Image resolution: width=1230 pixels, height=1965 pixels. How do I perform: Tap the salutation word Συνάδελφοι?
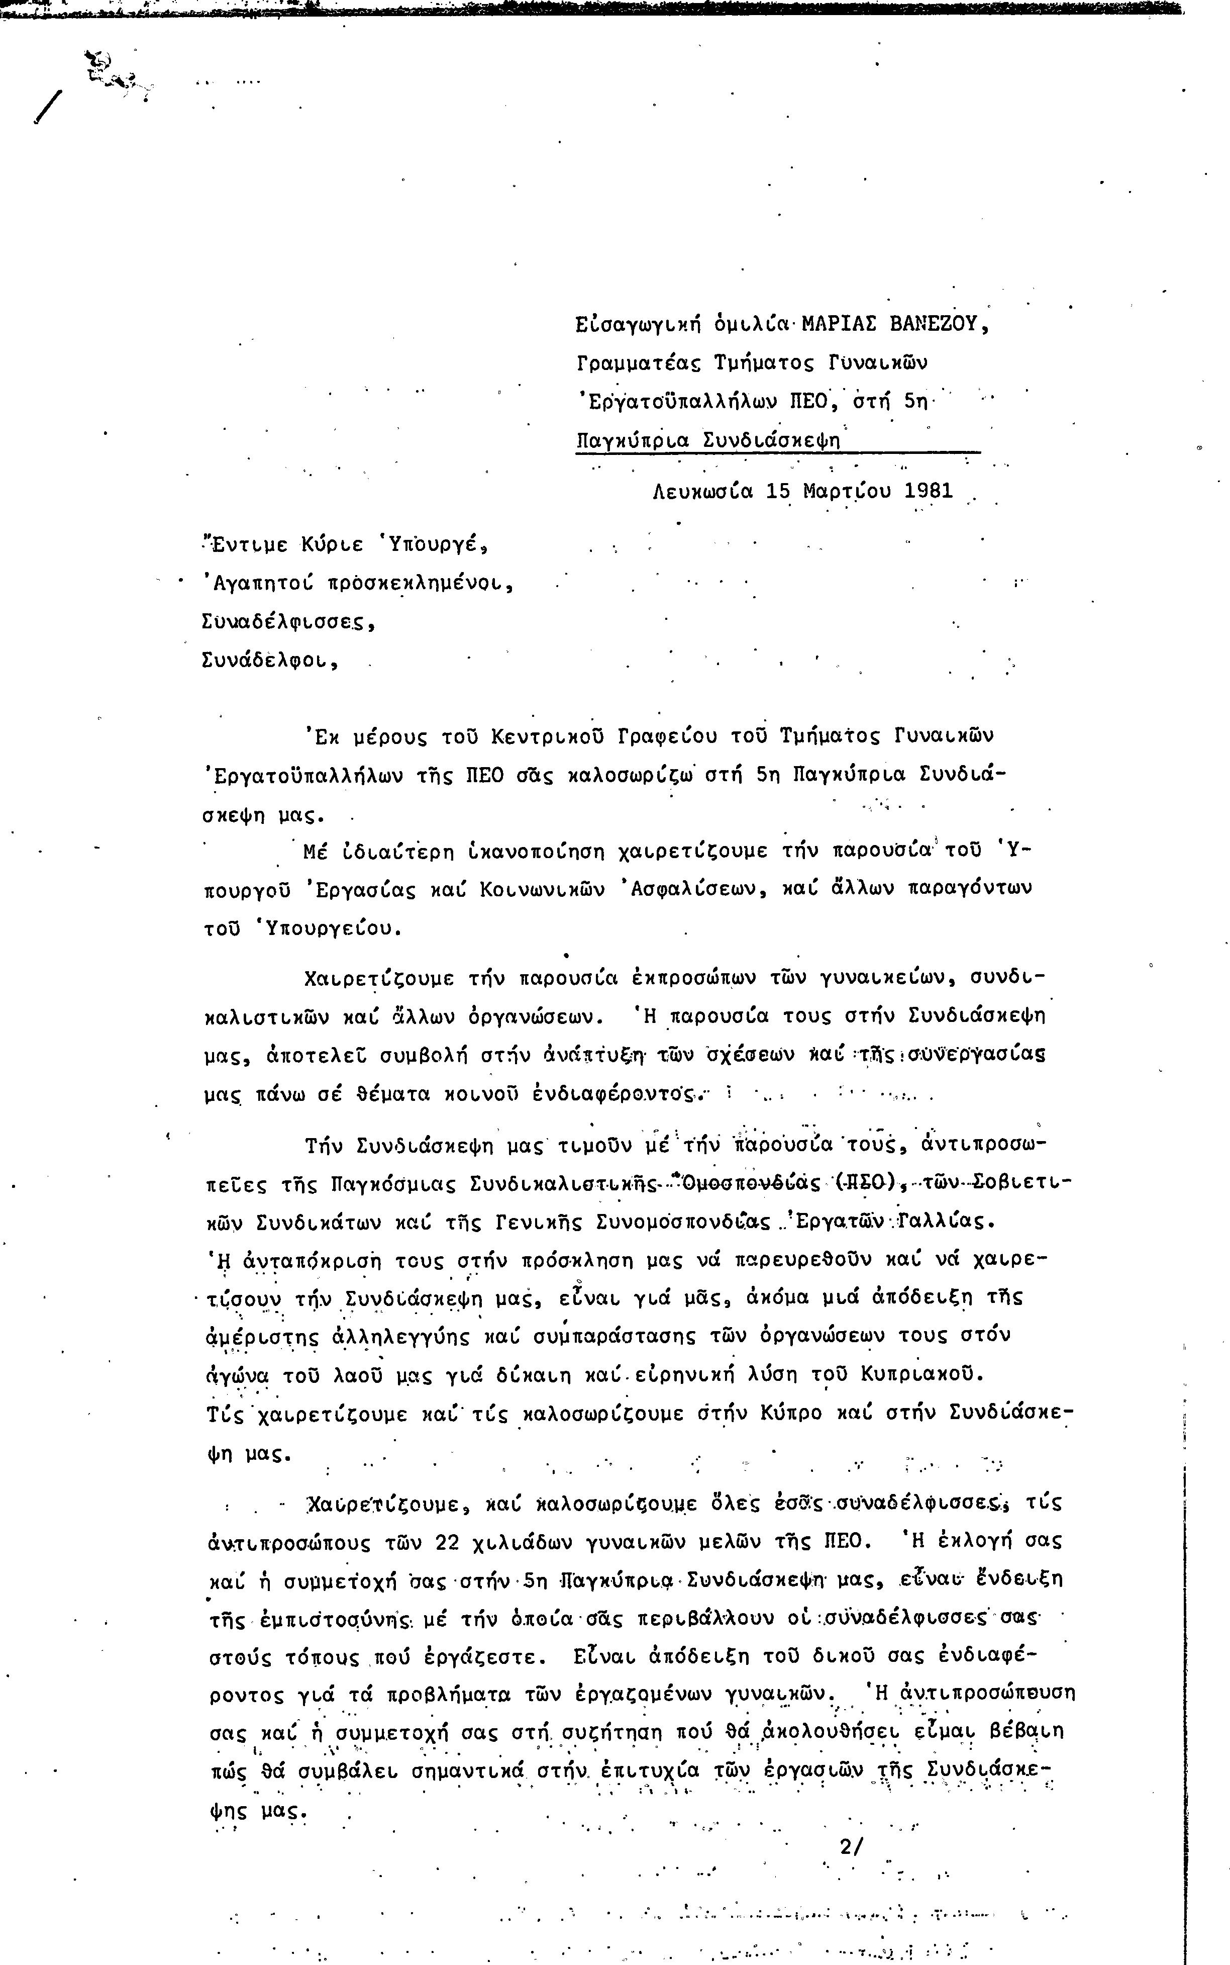268,660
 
